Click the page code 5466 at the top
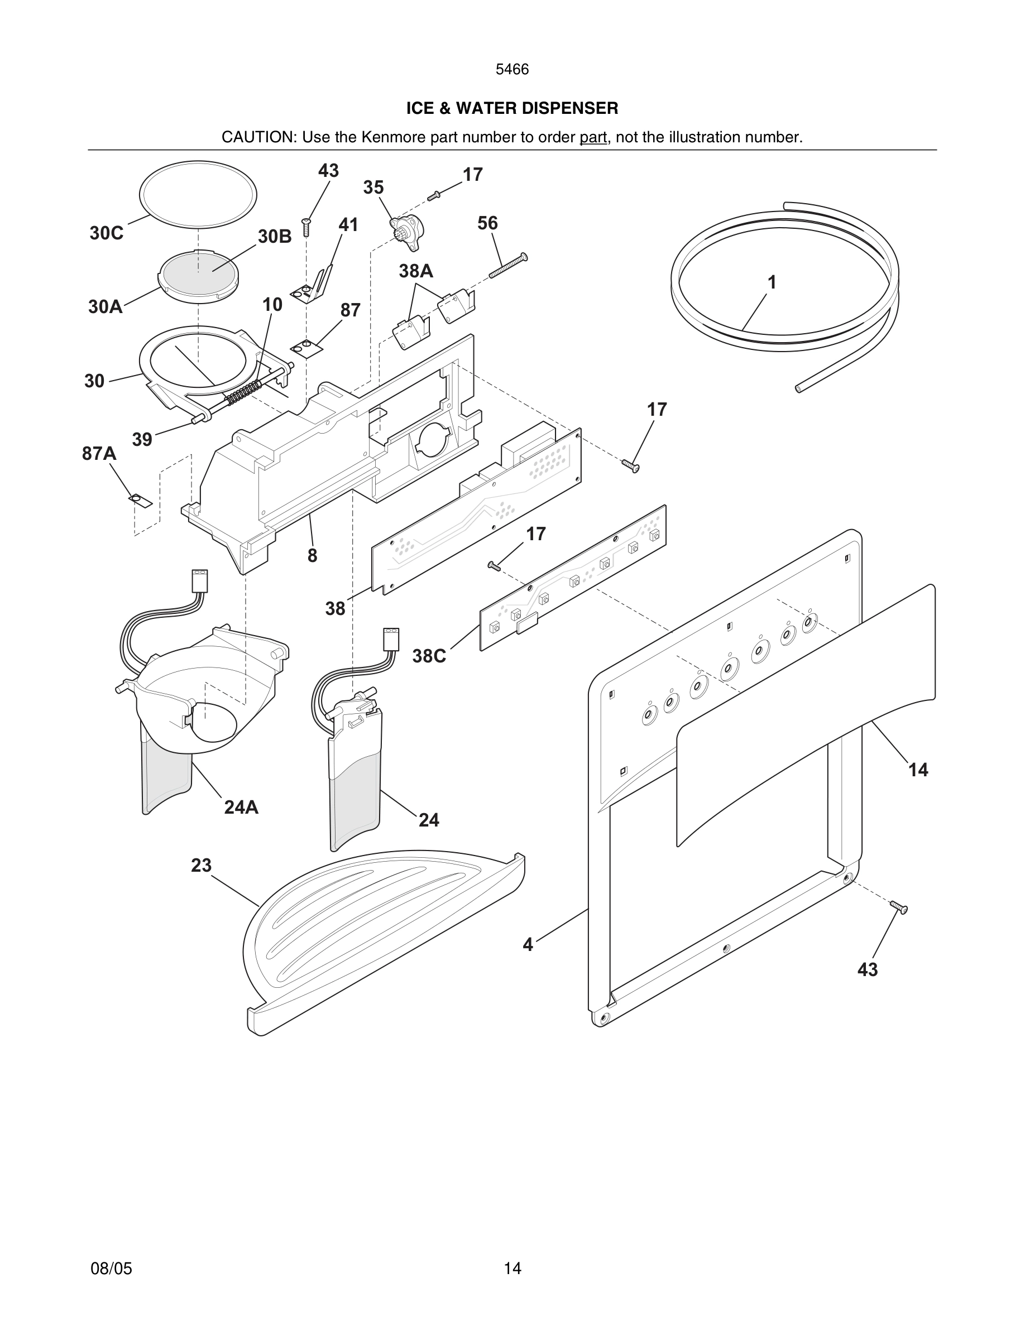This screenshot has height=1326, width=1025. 512,70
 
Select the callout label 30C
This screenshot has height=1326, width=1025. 106,233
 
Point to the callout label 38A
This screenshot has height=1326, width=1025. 415,271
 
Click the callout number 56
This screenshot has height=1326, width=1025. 487,223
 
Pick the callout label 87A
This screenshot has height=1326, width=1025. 99,454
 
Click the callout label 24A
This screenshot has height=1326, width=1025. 241,808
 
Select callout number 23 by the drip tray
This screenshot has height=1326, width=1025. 201,865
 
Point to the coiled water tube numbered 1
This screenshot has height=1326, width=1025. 784,279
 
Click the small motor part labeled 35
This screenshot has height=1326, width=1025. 406,230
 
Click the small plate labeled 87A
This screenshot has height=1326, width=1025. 141,500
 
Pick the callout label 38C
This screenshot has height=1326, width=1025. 429,656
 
